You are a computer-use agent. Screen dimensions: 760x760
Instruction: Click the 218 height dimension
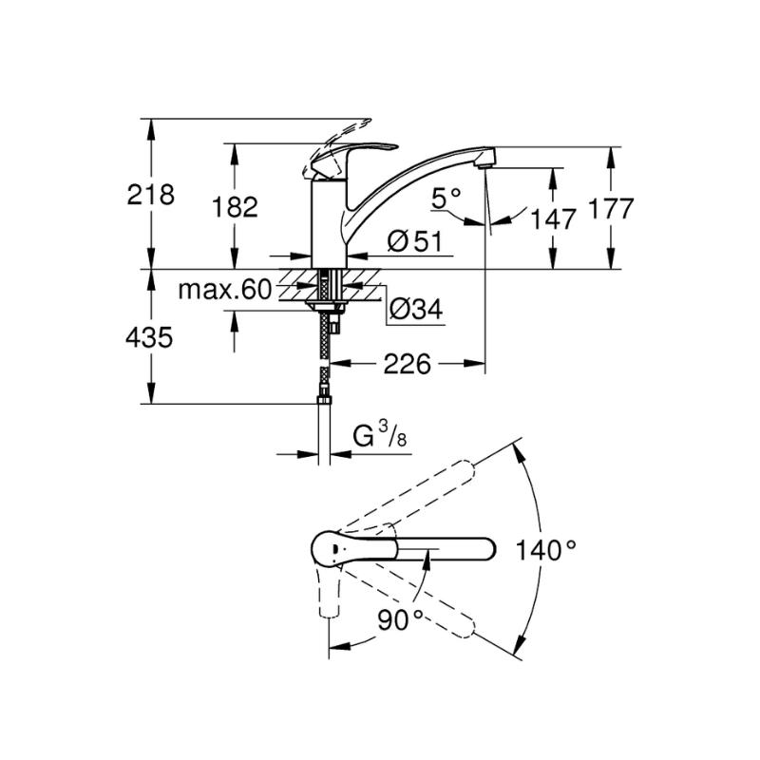[150, 195]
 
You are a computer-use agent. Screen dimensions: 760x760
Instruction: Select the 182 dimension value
[235, 207]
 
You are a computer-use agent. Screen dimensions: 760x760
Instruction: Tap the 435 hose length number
[149, 337]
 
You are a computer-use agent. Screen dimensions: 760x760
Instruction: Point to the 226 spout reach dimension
[408, 364]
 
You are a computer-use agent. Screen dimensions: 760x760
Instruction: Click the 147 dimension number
[553, 219]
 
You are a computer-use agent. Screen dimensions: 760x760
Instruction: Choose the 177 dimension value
[610, 208]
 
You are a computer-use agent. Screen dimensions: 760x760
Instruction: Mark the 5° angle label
[446, 198]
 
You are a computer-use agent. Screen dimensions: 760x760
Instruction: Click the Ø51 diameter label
[415, 241]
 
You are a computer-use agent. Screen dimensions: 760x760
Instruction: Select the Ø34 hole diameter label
[416, 309]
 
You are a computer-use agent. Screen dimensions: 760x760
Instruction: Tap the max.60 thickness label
[225, 290]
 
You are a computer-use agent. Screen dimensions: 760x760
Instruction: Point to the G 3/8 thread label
[380, 435]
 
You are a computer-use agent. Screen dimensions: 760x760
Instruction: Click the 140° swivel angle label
[545, 550]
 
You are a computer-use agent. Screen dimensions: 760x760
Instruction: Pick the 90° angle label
[400, 620]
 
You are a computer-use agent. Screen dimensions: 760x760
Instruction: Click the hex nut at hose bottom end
[324, 400]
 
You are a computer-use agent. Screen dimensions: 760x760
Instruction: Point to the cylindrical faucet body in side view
[329, 224]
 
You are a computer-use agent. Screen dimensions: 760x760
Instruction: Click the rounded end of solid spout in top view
[487, 550]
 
